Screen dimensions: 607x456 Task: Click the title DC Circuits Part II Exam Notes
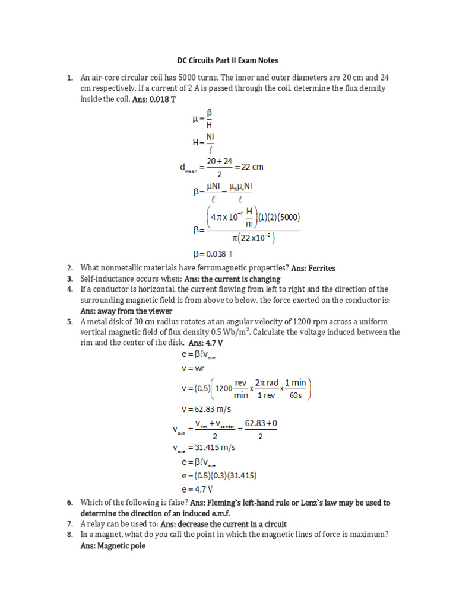pyautogui.click(x=228, y=60)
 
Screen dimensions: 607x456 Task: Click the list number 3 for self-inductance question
pyautogui.click(x=69, y=279)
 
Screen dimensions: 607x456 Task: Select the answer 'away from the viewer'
pyautogui.click(x=126, y=311)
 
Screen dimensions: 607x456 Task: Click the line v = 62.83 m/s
pyautogui.click(x=206, y=409)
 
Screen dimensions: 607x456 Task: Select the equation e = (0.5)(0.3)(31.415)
pyautogui.click(x=218, y=475)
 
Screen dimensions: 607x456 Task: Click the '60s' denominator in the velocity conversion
pyautogui.click(x=296, y=395)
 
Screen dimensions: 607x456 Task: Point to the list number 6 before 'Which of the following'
pyautogui.click(x=69, y=503)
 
